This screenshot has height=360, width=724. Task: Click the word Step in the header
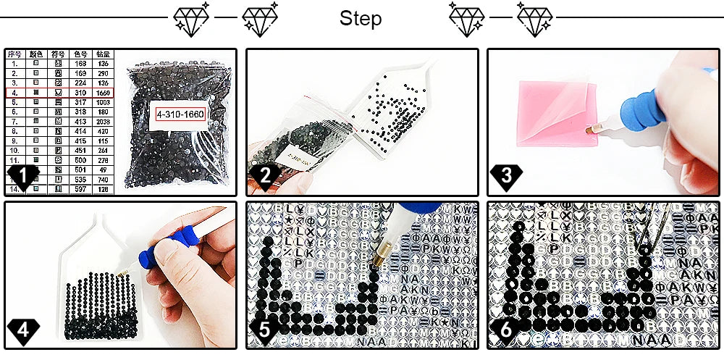pos(361,19)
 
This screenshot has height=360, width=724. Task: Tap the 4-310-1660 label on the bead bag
pos(179,114)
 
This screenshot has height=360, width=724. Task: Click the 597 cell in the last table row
pos(81,188)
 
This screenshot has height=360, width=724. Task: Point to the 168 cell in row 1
pos(81,63)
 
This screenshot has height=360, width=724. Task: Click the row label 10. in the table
pos(15,149)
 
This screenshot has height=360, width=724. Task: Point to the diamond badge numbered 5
pos(264,330)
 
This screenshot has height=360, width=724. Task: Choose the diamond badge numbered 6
pos(505,330)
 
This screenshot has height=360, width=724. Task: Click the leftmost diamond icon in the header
pos(190,19)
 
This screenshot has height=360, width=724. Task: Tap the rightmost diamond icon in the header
pos(534,19)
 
